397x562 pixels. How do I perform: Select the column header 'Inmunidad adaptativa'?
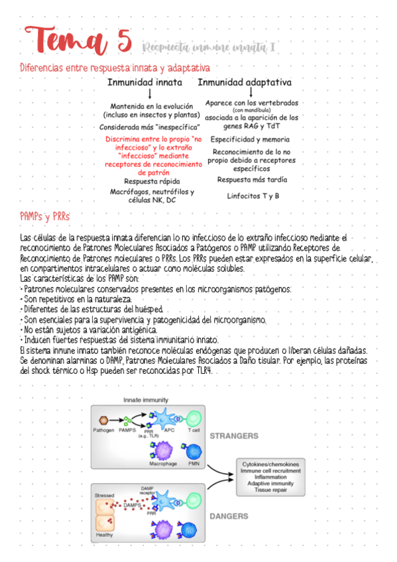[x=245, y=83]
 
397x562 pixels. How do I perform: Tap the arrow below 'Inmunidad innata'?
[x=150, y=95]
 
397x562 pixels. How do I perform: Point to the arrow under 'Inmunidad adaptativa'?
[x=251, y=93]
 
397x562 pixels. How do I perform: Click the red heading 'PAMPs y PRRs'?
[x=45, y=217]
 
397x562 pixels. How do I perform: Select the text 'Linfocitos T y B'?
[x=253, y=196]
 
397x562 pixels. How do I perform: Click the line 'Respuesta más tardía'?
[x=253, y=180]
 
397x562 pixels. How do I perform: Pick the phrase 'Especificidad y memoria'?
[x=250, y=139]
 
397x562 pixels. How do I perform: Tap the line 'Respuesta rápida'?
[x=152, y=180]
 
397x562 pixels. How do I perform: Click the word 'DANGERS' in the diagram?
[x=229, y=516]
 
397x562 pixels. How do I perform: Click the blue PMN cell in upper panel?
[x=194, y=452]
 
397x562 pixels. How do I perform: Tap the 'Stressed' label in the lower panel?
[x=104, y=495]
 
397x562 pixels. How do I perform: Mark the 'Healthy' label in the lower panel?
[x=104, y=535]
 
